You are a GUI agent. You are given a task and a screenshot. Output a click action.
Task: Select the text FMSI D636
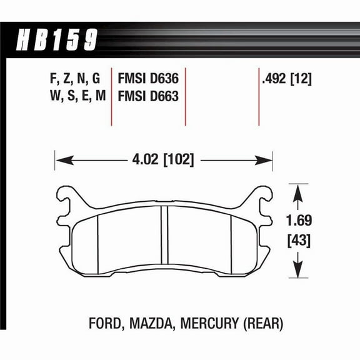(148, 79)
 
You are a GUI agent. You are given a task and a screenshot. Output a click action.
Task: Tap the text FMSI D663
(148, 97)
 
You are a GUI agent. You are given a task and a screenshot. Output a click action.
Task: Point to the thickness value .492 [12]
(285, 79)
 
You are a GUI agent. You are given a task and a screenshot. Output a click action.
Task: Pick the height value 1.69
(299, 221)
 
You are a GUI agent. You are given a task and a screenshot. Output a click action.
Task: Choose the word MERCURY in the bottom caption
(209, 324)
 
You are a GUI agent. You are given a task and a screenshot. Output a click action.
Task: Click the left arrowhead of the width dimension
(60, 160)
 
